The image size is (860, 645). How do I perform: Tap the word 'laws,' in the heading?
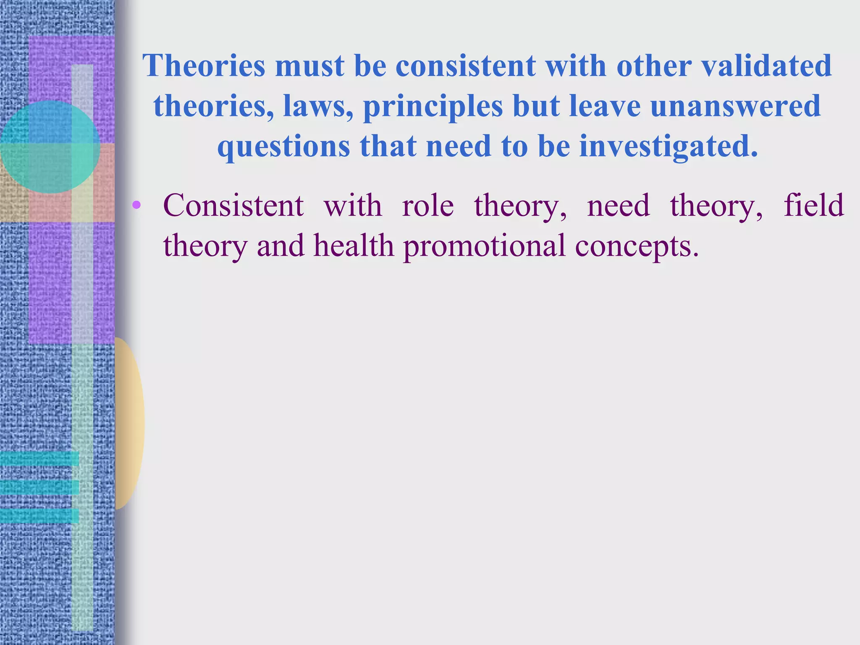(x=318, y=106)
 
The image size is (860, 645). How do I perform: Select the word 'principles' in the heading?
(x=433, y=107)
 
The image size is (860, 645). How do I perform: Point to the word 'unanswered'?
(x=735, y=106)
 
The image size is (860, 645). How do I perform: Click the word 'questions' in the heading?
(x=283, y=147)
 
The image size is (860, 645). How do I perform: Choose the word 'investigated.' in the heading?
(x=669, y=147)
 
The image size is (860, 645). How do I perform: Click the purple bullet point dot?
(x=136, y=205)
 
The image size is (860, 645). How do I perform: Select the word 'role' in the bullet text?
(x=428, y=206)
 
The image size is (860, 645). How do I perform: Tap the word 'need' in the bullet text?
(x=618, y=206)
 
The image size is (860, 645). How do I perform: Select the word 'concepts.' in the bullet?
(x=637, y=246)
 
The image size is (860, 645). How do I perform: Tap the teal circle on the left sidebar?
(x=50, y=147)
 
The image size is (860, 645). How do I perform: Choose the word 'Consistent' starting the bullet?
(x=233, y=206)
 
